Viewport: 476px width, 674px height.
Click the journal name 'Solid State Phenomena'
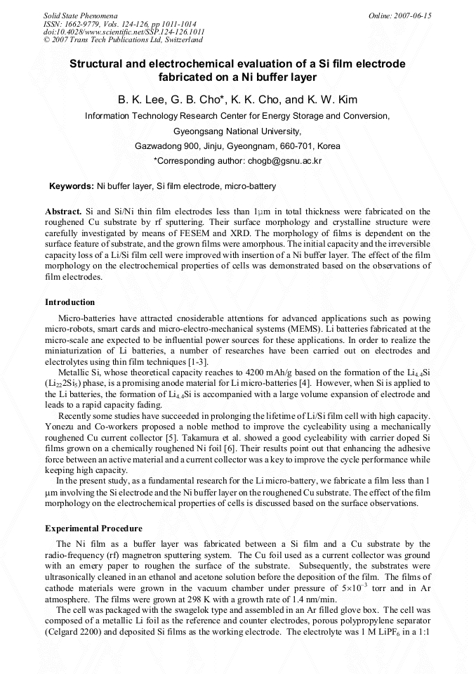click(80, 15)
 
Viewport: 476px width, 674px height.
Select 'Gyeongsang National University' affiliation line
click(237, 131)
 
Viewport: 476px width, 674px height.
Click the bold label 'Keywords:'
click(71, 186)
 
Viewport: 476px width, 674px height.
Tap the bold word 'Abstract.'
click(63, 211)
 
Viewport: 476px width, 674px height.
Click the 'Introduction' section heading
click(70, 302)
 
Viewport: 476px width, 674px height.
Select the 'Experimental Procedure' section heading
click(93, 529)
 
